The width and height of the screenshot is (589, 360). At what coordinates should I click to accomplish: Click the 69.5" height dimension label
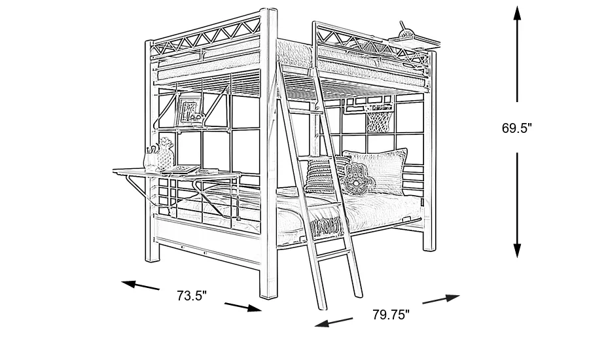tap(516, 129)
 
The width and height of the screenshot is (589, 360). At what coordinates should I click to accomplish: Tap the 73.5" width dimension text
tap(191, 296)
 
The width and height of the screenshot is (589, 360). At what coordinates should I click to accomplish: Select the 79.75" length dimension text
tap(391, 315)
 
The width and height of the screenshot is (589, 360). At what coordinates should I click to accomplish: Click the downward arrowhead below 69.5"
tap(517, 249)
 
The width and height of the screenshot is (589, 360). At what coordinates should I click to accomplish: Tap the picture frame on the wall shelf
tap(189, 110)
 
